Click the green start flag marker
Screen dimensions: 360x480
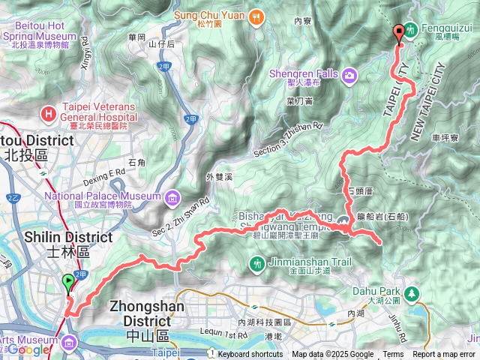68,283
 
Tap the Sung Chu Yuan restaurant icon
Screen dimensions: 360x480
256,15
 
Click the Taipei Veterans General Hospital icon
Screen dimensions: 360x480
49,114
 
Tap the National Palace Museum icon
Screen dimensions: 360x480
173,197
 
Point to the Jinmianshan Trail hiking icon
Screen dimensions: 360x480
257,263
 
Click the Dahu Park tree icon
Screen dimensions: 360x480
410,292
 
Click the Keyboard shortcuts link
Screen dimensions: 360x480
250,355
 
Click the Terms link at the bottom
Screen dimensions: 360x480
393,355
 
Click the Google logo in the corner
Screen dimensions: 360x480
28,349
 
